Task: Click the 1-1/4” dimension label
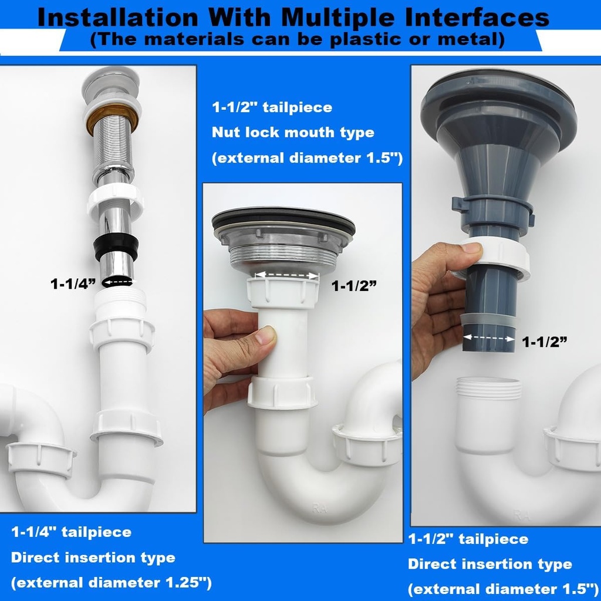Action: (72, 284)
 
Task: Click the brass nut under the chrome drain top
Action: (112, 116)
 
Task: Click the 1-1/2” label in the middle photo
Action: (353, 286)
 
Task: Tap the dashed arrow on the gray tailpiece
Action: (488, 338)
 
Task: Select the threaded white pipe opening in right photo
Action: (488, 388)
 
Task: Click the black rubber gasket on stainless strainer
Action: (283, 224)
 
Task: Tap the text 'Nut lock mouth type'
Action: (293, 133)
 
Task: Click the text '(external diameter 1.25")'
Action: (111, 583)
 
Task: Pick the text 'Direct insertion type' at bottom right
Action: (489, 565)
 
